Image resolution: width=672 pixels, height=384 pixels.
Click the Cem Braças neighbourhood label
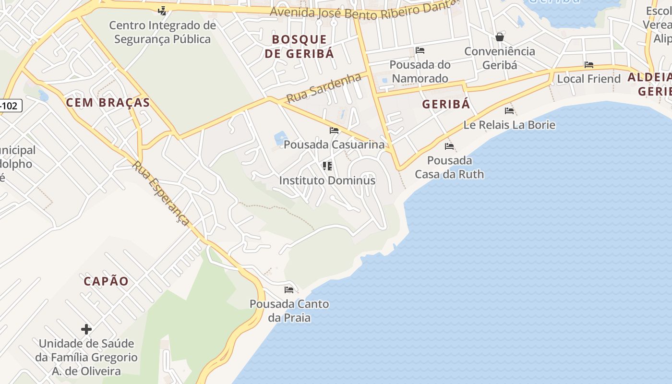(108, 102)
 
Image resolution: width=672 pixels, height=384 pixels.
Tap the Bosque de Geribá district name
(299, 47)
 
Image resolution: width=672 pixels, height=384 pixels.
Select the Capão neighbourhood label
(106, 281)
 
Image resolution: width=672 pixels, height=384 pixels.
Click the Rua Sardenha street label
(324, 87)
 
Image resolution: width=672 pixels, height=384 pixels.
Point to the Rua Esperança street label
(161, 193)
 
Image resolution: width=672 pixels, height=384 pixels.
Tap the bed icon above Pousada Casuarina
(334, 131)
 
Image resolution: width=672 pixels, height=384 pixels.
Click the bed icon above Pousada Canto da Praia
(289, 290)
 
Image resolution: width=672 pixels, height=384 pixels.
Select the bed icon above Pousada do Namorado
(420, 50)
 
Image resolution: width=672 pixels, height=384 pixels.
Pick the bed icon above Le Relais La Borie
(509, 111)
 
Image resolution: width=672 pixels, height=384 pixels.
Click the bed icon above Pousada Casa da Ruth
(449, 146)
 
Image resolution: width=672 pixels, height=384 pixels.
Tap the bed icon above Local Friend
(589, 65)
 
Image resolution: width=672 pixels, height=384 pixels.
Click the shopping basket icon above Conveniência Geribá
(500, 37)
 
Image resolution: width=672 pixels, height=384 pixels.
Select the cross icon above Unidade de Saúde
(86, 329)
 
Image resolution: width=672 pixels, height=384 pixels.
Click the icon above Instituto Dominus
(327, 166)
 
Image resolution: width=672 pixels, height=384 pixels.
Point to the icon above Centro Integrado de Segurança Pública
(162, 11)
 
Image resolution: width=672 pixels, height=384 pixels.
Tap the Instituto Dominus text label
(327, 181)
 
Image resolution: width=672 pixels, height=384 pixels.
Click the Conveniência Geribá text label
(500, 58)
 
